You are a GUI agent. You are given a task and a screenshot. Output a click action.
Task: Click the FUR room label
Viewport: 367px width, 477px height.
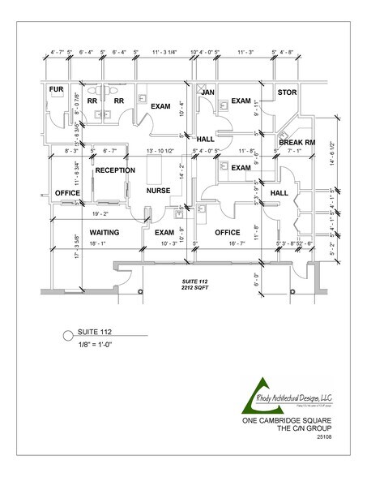[56, 89]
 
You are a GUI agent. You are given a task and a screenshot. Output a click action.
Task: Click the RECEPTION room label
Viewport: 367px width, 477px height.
[115, 171]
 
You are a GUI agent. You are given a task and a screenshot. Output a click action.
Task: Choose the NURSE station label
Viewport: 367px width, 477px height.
[159, 191]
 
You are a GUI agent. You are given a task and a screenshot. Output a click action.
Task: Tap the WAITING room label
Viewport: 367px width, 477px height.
[105, 233]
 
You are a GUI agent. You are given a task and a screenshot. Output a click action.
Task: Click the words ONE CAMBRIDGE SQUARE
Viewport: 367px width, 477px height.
[285, 421]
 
